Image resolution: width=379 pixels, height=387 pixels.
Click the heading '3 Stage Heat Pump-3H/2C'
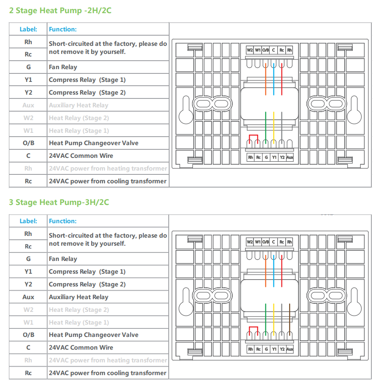(59, 202)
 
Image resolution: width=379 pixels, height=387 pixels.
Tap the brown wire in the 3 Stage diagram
(290, 318)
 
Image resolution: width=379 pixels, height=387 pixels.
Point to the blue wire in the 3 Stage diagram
(274, 272)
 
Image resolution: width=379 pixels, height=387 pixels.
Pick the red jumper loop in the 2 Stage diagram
(253, 138)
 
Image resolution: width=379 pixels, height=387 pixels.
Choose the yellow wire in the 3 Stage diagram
(274, 318)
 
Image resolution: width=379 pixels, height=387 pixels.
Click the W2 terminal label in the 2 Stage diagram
(250, 50)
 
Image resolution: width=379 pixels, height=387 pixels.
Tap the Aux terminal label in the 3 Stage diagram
(290, 349)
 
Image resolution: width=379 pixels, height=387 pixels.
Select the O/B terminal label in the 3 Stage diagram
(265, 242)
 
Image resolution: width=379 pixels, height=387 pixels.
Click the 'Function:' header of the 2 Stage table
(63, 29)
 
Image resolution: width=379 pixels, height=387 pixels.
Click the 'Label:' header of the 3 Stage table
(28, 221)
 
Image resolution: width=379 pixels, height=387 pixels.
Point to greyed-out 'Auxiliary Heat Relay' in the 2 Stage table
(78, 105)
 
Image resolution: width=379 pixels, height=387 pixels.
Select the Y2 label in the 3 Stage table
(28, 284)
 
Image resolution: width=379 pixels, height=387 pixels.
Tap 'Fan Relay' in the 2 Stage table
(63, 67)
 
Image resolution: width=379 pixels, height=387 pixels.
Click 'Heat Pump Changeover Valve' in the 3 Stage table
(93, 335)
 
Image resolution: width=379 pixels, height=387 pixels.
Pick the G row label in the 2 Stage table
(28, 67)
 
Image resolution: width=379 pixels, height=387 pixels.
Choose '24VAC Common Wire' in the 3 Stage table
(81, 348)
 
